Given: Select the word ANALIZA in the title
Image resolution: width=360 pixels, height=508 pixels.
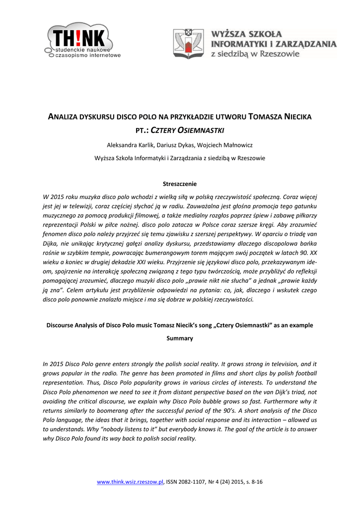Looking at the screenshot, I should tap(64, 117).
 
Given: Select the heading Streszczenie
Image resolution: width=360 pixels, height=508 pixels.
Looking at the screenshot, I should tap(180, 184).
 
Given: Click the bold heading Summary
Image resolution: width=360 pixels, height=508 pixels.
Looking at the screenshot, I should tap(180, 338).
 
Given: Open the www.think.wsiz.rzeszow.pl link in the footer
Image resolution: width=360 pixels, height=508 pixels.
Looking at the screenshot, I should tap(130, 482).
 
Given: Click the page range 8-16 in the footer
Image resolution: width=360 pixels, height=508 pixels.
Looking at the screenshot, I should tap(257, 482).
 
